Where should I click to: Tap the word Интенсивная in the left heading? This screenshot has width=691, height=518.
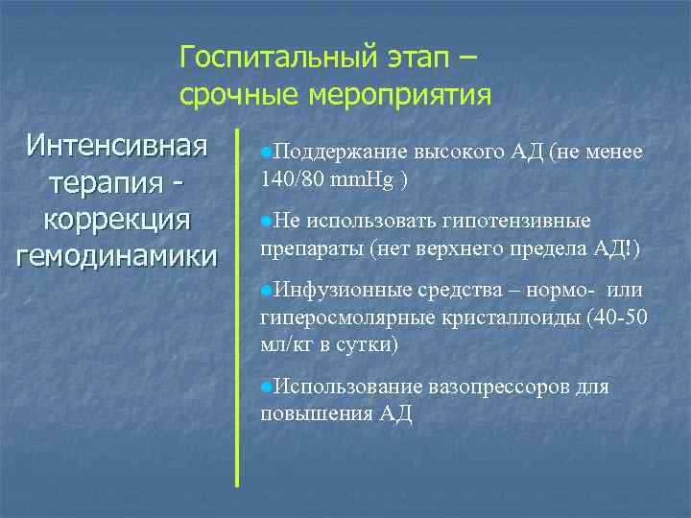117,148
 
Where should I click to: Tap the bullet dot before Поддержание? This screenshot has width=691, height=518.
266,153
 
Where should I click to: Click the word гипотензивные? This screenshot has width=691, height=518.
516,221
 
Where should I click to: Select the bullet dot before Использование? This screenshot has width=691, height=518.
266,387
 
